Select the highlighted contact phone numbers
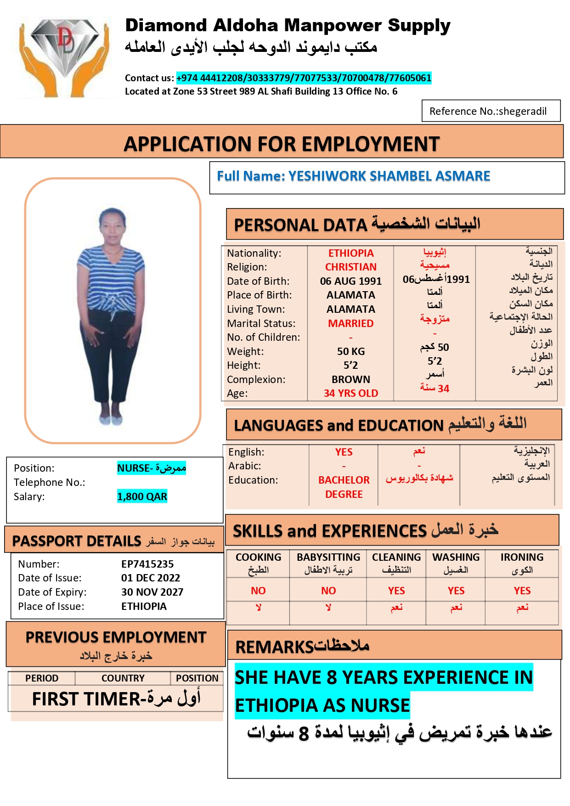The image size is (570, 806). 304,78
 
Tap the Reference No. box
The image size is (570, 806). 491,111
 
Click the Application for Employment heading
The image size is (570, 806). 282,144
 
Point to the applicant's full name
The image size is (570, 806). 353,176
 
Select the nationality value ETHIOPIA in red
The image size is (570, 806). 351,254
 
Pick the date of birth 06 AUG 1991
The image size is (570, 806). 351,282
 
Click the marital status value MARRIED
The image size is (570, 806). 351,324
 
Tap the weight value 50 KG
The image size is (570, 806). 351,352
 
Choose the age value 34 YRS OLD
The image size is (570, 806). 351,394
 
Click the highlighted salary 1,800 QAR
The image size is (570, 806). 142,497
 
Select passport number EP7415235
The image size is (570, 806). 147,564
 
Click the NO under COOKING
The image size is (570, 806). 258,591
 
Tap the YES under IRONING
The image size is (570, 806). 522,591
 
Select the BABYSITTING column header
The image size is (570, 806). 328,558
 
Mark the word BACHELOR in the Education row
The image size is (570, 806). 344,480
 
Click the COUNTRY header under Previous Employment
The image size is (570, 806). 123,678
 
